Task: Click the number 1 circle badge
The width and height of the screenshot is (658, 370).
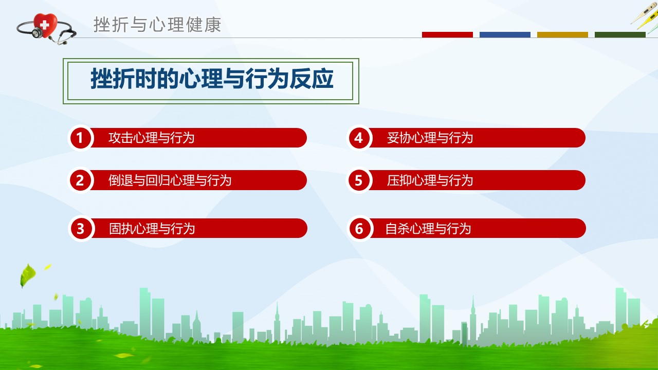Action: tap(80, 138)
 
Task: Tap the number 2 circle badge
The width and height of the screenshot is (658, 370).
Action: tap(80, 180)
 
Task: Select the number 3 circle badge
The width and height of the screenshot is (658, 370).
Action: tap(81, 229)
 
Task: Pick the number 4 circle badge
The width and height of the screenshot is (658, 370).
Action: tap(359, 138)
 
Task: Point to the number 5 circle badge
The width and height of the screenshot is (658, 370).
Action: tap(359, 180)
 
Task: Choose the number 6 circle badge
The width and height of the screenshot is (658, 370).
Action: tap(359, 229)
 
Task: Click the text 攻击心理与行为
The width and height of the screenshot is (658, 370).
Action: tap(151, 138)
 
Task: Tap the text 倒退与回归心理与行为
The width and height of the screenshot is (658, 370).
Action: tap(170, 180)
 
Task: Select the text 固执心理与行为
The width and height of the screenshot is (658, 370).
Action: tap(152, 229)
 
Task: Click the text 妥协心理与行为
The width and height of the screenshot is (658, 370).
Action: tap(430, 138)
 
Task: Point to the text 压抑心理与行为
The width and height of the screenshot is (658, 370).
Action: tap(430, 180)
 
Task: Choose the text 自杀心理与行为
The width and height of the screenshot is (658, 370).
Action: tap(428, 229)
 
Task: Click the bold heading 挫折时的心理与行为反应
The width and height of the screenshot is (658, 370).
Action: tap(212, 79)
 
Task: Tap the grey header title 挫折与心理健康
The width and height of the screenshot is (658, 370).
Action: tap(157, 25)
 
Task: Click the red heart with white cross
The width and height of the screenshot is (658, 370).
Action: tap(45, 25)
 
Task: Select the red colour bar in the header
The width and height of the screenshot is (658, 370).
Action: tap(447, 34)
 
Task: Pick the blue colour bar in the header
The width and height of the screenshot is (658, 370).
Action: tap(505, 34)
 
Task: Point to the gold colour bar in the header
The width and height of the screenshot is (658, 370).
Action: tap(562, 34)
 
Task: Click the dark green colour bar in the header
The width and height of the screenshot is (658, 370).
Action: tap(620, 34)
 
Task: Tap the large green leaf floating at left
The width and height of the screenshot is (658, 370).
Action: tap(27, 275)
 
